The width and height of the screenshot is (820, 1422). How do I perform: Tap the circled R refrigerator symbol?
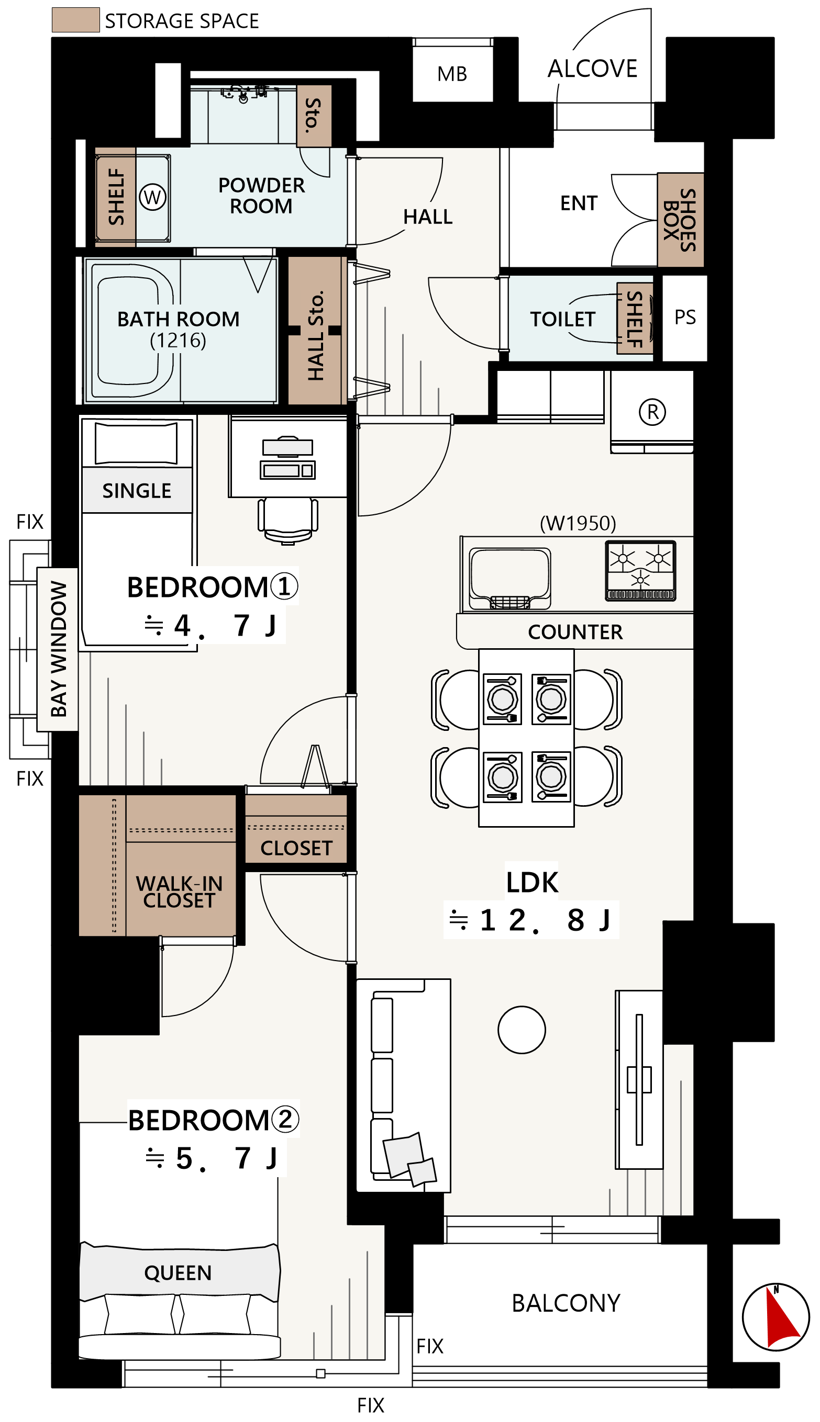pos(652,412)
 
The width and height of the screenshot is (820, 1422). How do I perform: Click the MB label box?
pos(452,73)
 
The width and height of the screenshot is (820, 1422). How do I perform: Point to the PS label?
pos(685,317)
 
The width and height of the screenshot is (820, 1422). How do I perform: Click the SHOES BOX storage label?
pos(680,220)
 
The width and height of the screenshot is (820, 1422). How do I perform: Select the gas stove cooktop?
pos(640,571)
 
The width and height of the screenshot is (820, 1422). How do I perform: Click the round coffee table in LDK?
pos(522,1030)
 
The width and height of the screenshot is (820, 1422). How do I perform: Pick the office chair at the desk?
pos(288,521)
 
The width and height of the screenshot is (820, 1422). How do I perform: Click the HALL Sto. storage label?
pos(316,335)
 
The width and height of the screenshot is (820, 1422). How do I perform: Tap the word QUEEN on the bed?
pos(178,1273)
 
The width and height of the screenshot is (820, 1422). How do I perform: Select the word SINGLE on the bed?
pos(137,491)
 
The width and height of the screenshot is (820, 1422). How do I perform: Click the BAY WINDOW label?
pos(59,649)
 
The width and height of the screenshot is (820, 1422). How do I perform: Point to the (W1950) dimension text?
pos(578,523)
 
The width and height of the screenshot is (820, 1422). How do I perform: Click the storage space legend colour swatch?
pos(75,20)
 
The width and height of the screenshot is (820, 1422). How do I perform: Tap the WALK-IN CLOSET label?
pos(179,891)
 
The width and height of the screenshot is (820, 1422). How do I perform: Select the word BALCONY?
pos(566,1303)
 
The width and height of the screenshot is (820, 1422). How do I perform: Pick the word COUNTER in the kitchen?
pos(575,632)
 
